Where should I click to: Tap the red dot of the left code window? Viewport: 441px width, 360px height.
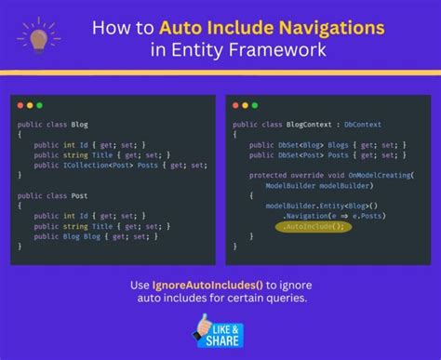[20, 106]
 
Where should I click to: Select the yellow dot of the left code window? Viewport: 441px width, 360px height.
[31, 106]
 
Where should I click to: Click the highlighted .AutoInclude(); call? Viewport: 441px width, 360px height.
[312, 225]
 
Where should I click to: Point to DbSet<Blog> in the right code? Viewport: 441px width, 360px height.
[293, 145]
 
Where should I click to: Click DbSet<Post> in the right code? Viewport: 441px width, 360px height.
[293, 155]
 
